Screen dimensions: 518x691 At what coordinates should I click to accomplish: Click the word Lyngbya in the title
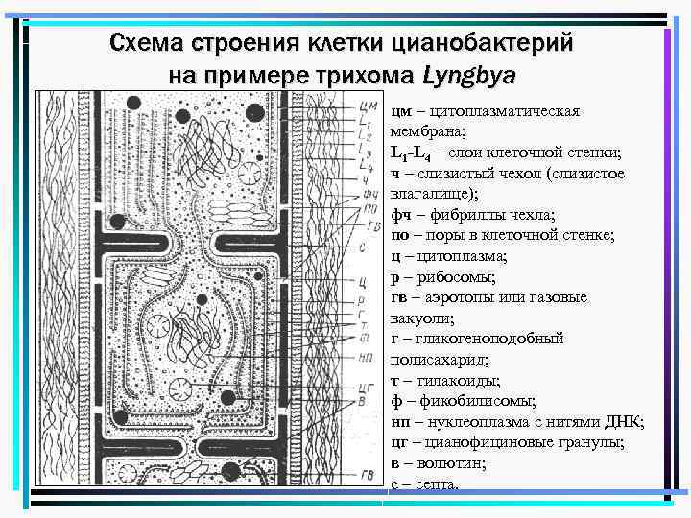point(469,74)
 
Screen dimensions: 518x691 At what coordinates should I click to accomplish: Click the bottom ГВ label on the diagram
point(367,473)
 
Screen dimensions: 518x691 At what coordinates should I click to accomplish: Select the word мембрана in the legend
point(427,131)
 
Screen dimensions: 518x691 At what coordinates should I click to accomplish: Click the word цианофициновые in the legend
point(479,442)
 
